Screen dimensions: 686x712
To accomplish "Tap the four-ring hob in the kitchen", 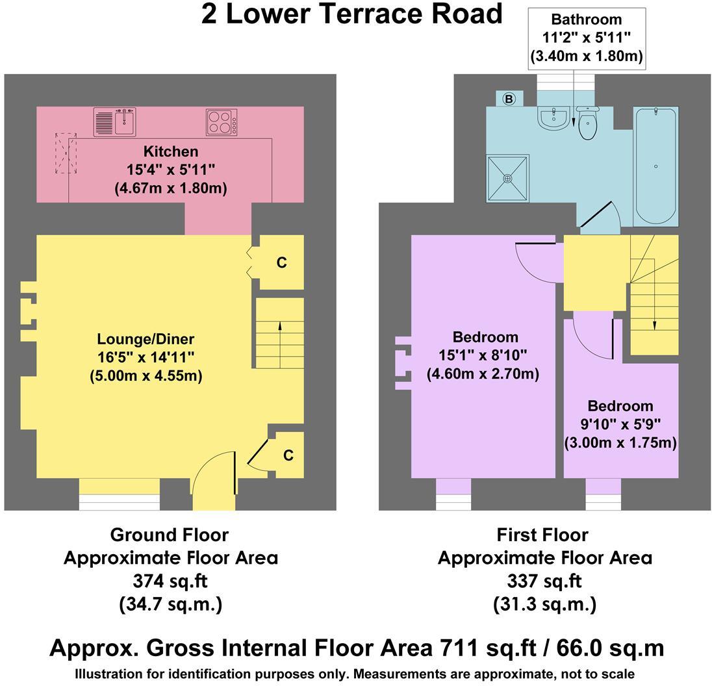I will click(x=222, y=122).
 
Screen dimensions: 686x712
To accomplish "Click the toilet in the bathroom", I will click(x=587, y=124).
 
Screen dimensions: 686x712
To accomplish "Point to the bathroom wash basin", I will click(x=553, y=119).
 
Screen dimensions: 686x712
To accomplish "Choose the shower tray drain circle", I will click(x=507, y=177).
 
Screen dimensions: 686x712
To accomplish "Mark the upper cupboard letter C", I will click(x=281, y=262).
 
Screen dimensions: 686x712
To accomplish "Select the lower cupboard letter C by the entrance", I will click(x=288, y=455).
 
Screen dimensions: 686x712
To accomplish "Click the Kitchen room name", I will click(x=171, y=152).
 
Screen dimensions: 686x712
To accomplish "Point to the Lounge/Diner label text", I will click(x=146, y=338).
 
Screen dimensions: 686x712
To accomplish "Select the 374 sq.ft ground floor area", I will click(x=170, y=580).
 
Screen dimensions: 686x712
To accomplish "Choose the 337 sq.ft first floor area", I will click(x=544, y=580).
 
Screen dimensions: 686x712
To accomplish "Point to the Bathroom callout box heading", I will click(x=586, y=19).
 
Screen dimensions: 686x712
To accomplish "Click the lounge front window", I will click(x=120, y=502).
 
